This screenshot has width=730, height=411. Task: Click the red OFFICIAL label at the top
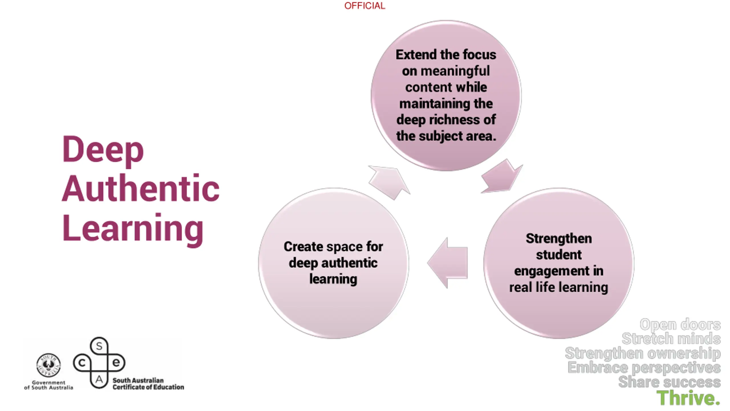point(364,6)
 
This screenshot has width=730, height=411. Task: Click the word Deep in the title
point(103,150)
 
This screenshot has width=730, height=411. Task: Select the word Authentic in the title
point(141,188)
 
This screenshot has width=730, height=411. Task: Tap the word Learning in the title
point(133,228)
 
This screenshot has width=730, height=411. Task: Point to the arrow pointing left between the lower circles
point(448,263)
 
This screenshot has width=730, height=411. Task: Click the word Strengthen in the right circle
point(559,239)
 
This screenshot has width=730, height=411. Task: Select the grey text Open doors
point(680,325)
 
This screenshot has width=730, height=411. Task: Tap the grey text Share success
point(669,382)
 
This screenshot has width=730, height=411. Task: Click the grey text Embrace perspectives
point(644,368)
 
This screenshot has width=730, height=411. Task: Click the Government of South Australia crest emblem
point(48,365)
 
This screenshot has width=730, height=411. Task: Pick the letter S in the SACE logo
point(99,346)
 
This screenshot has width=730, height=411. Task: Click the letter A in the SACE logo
point(99,380)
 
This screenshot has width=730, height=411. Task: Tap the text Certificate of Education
point(148,387)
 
